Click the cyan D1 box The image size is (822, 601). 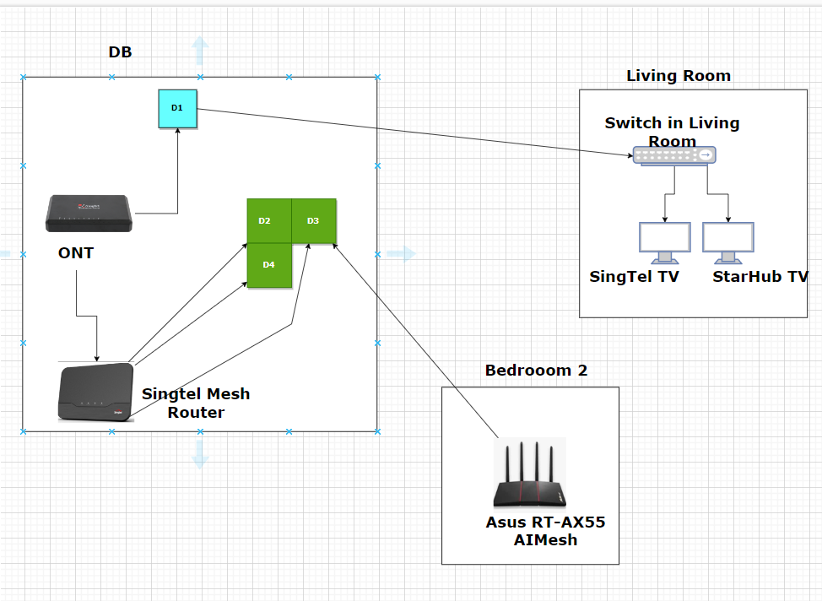click(177, 108)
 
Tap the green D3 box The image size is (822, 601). click(314, 221)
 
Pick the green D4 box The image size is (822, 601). click(268, 265)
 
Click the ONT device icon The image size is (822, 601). click(89, 214)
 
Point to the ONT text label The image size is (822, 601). click(76, 253)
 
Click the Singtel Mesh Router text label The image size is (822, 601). click(196, 403)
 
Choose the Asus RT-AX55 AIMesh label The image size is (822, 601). click(545, 531)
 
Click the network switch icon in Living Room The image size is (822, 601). click(674, 155)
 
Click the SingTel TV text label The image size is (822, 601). click(635, 277)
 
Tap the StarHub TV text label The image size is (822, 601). click(760, 277)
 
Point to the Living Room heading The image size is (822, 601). click(679, 76)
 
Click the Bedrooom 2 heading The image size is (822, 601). click(536, 370)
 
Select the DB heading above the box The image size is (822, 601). click(120, 52)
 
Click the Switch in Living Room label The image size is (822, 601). click(672, 132)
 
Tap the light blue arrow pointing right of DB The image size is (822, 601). click(403, 254)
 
